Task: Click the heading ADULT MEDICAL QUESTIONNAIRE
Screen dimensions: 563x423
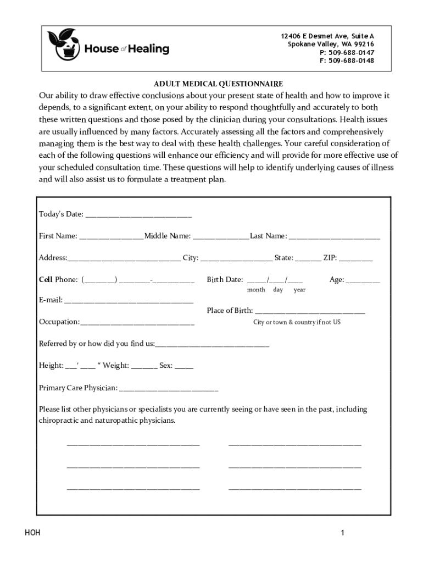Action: (x=218, y=84)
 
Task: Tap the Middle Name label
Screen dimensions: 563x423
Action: (x=168, y=236)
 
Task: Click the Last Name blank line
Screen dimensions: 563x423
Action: (x=334, y=238)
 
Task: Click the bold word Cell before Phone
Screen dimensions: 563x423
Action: (x=46, y=280)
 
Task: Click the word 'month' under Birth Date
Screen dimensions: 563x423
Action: (x=256, y=290)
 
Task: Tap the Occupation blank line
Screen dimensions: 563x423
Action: (x=137, y=323)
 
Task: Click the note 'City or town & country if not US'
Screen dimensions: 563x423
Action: (x=297, y=322)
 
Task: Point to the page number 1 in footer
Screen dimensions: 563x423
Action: (x=342, y=533)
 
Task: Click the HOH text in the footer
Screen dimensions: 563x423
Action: (x=32, y=533)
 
